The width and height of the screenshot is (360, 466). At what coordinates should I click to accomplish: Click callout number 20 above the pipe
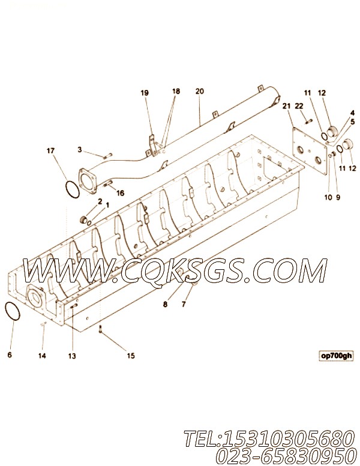199,91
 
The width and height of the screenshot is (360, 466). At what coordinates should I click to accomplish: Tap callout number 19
145,93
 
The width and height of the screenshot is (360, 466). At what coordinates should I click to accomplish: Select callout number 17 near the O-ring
50,151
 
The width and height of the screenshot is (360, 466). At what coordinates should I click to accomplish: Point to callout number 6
10,354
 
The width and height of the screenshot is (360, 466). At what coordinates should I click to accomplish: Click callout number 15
131,356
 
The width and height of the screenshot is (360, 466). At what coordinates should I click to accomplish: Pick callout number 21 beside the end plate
286,106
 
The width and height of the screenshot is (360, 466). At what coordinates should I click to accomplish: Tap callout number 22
299,106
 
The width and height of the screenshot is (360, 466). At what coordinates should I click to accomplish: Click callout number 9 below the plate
338,197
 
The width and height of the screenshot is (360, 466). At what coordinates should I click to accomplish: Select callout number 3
80,149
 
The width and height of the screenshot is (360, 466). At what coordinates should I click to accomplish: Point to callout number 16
120,193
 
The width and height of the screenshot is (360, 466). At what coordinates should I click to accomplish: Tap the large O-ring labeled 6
13,311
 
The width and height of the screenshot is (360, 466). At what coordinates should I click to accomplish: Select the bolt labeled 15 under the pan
101,329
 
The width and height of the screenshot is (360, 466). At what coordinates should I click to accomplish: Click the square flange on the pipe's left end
88,182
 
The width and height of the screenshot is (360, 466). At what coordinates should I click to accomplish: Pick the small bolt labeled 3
107,156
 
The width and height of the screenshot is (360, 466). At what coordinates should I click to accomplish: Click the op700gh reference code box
336,356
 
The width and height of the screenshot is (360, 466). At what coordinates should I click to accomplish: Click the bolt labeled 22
308,121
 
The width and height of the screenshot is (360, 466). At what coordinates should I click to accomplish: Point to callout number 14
42,356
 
